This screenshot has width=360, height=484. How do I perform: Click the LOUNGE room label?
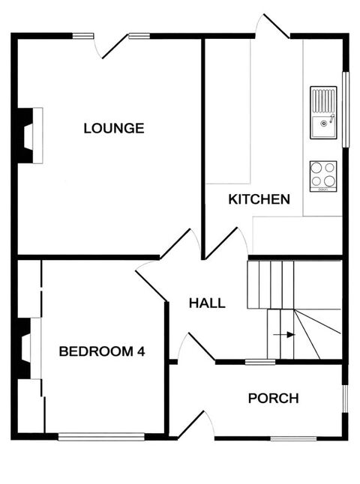(114, 128)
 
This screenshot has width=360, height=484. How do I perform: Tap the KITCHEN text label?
(259, 199)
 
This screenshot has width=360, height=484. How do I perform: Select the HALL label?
(207, 303)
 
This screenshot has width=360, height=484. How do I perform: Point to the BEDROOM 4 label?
(102, 351)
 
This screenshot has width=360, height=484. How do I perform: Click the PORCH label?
(274, 398)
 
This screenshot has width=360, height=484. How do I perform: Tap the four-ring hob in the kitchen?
(323, 176)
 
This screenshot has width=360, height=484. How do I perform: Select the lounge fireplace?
(30, 135)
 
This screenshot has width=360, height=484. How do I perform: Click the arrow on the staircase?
(285, 334)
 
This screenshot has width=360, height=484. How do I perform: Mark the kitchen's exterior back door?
(273, 27)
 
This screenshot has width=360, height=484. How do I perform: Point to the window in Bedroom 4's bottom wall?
(101, 436)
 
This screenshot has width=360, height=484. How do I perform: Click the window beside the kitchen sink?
(346, 109)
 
